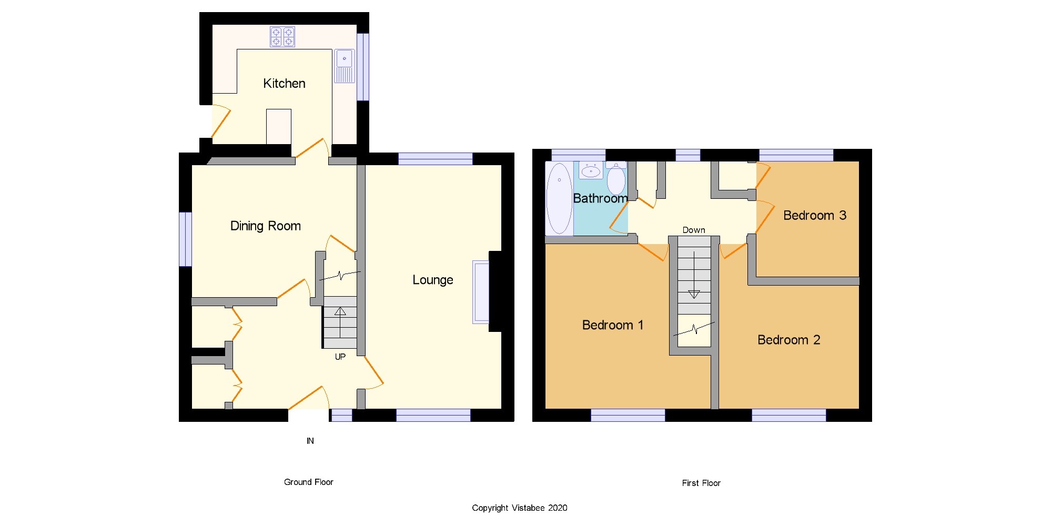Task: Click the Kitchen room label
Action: (x=284, y=84)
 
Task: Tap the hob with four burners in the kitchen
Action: (x=282, y=37)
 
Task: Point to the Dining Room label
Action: (x=266, y=226)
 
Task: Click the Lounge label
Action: (x=432, y=280)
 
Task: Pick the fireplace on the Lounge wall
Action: (x=481, y=292)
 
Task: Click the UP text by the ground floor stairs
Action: (x=340, y=357)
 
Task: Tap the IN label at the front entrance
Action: (x=310, y=441)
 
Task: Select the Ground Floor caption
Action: (x=309, y=482)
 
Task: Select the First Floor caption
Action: (x=701, y=483)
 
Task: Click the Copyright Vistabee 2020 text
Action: (x=520, y=508)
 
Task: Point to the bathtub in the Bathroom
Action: (x=559, y=198)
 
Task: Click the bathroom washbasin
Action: (x=591, y=170)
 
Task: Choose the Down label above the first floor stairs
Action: (x=694, y=230)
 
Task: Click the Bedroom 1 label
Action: (x=613, y=325)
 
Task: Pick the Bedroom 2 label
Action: (x=789, y=340)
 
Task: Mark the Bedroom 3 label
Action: (x=815, y=215)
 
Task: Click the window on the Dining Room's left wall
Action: (x=185, y=239)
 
